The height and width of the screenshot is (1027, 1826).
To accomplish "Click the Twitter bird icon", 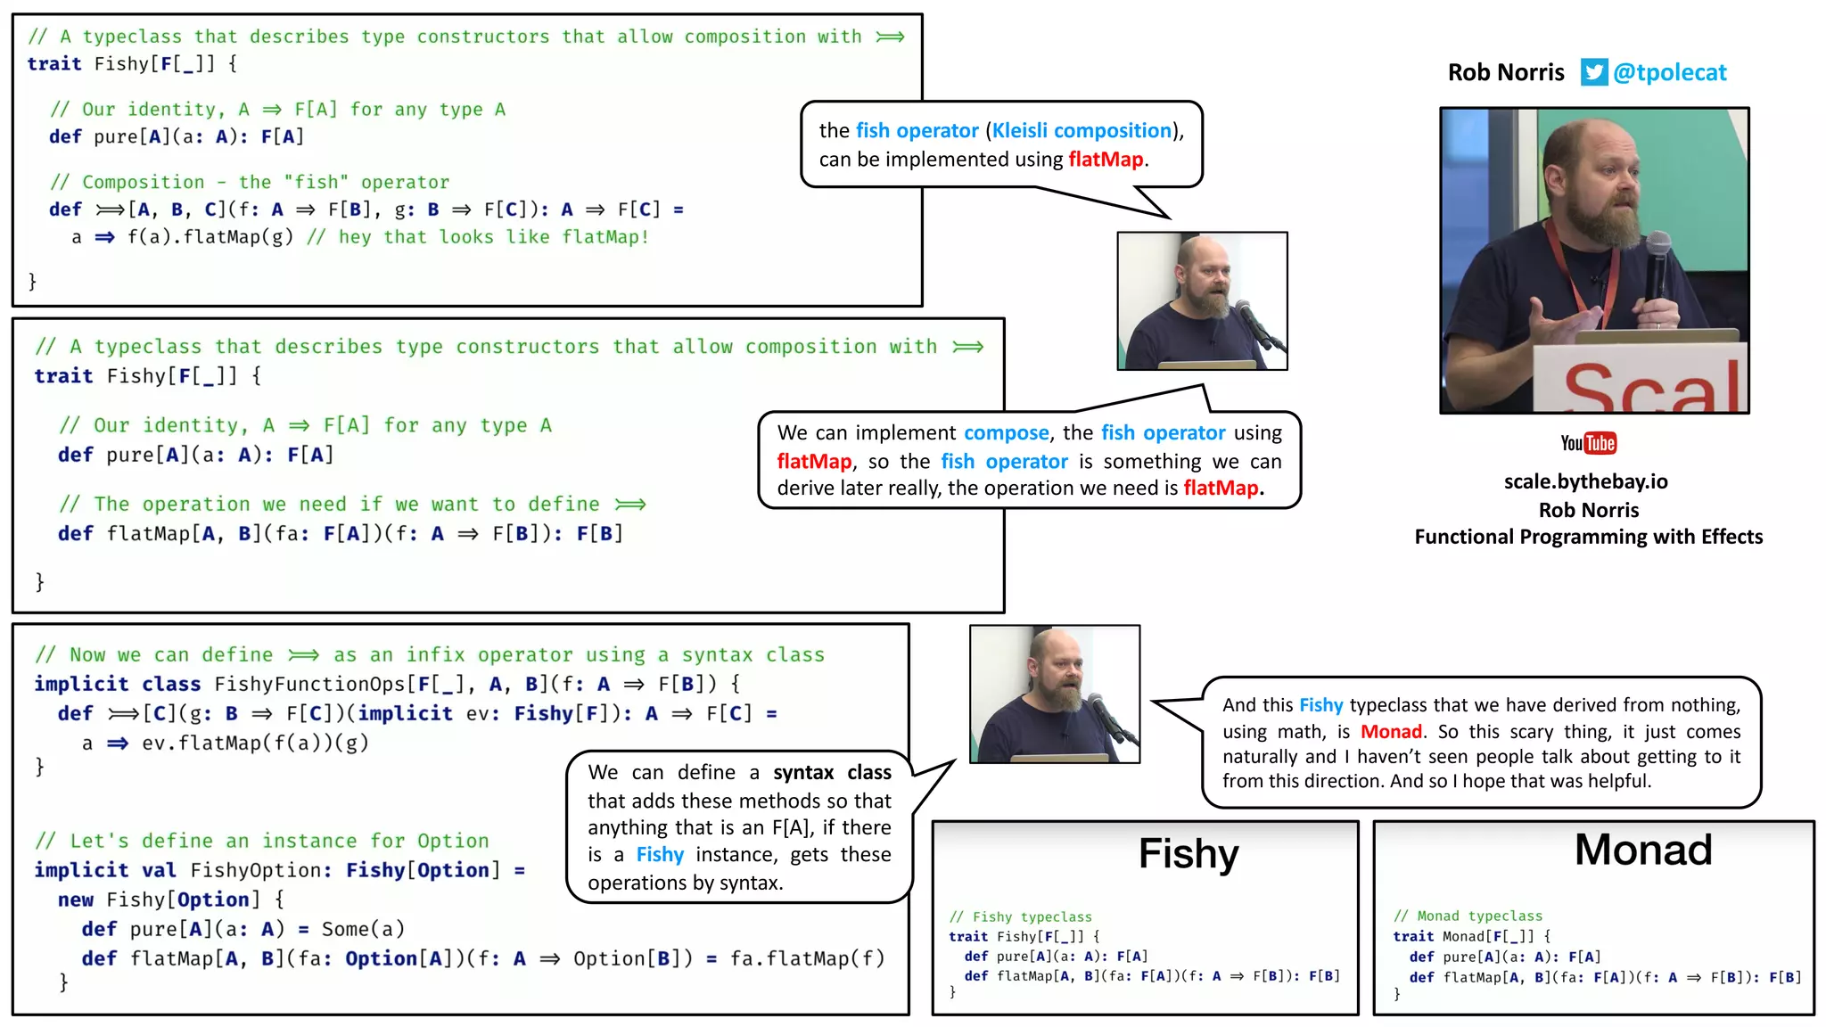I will (1593, 72).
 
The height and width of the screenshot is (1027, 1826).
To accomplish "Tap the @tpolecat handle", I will (1669, 72).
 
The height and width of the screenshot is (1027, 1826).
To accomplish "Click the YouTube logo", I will (1588, 443).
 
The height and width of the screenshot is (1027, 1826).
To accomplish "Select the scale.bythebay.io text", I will (1585, 481).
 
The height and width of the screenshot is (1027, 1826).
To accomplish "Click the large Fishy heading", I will (1188, 853).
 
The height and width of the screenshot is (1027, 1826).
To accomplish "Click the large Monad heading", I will (1642, 850).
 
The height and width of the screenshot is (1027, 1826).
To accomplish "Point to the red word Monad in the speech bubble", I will (1391, 732).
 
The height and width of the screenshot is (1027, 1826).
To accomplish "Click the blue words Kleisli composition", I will (1082, 130).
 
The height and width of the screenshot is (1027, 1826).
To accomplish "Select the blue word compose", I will (1006, 432).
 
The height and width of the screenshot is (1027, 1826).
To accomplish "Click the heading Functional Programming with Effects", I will (1588, 537).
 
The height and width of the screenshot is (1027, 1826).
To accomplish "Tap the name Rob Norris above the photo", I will (1505, 72).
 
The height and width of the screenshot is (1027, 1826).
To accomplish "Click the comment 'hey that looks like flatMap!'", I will (493, 237).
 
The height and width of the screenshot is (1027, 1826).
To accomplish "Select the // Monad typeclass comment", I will (1468, 916).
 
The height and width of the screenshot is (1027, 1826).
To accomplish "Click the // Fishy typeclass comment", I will (1020, 916).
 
